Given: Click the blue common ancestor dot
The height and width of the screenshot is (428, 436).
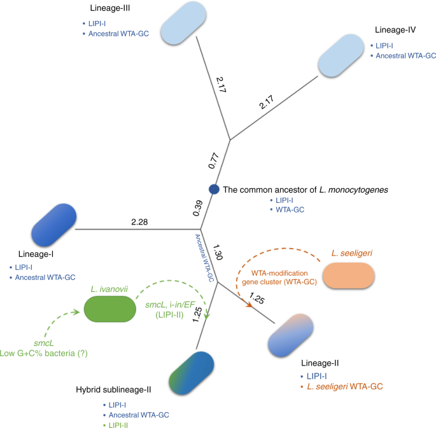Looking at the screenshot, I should pos(214,189).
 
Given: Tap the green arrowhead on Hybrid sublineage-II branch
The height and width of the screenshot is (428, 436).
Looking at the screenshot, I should pos(207,311).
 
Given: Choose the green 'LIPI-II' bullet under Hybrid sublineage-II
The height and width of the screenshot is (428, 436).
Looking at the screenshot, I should pos(118,424).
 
